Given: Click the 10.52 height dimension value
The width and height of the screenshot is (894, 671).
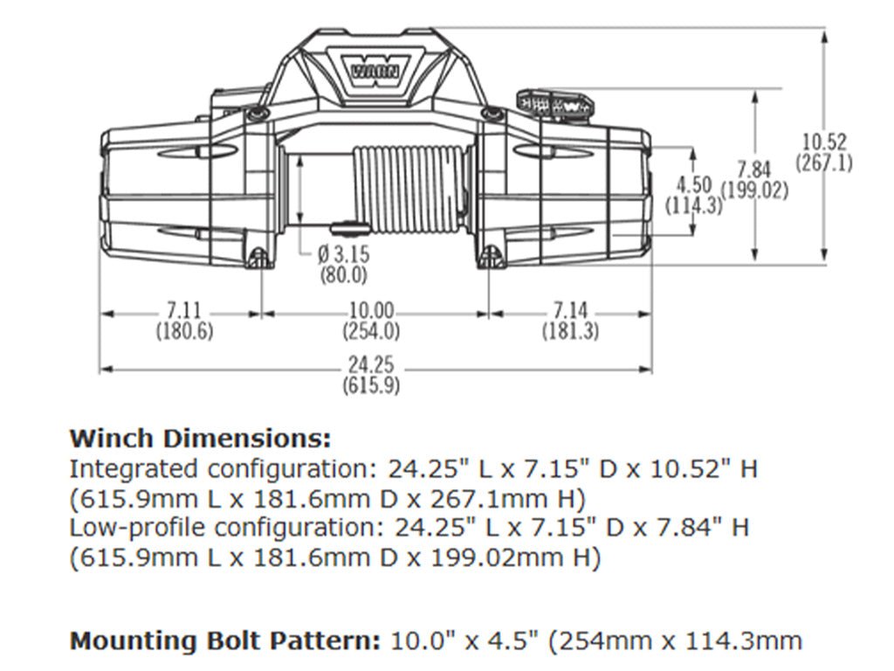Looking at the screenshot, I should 824,142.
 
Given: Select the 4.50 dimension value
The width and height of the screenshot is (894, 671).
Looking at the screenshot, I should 695,185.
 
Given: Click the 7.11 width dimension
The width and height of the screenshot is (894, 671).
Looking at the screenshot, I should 184,311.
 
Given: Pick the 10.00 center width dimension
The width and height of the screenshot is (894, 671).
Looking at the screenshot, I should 371,311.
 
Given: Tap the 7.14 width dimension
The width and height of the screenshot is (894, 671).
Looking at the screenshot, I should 569,311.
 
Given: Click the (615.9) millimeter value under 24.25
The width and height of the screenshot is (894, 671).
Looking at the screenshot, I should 371,384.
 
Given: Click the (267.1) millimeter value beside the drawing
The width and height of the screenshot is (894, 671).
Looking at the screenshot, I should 824,163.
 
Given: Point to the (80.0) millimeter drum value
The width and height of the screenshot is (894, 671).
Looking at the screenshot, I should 342,273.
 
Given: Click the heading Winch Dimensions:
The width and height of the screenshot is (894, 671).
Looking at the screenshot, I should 200,437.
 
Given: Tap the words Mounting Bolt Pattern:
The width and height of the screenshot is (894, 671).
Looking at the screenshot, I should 224,640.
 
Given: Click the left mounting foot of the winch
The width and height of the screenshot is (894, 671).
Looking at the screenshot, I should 258,258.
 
